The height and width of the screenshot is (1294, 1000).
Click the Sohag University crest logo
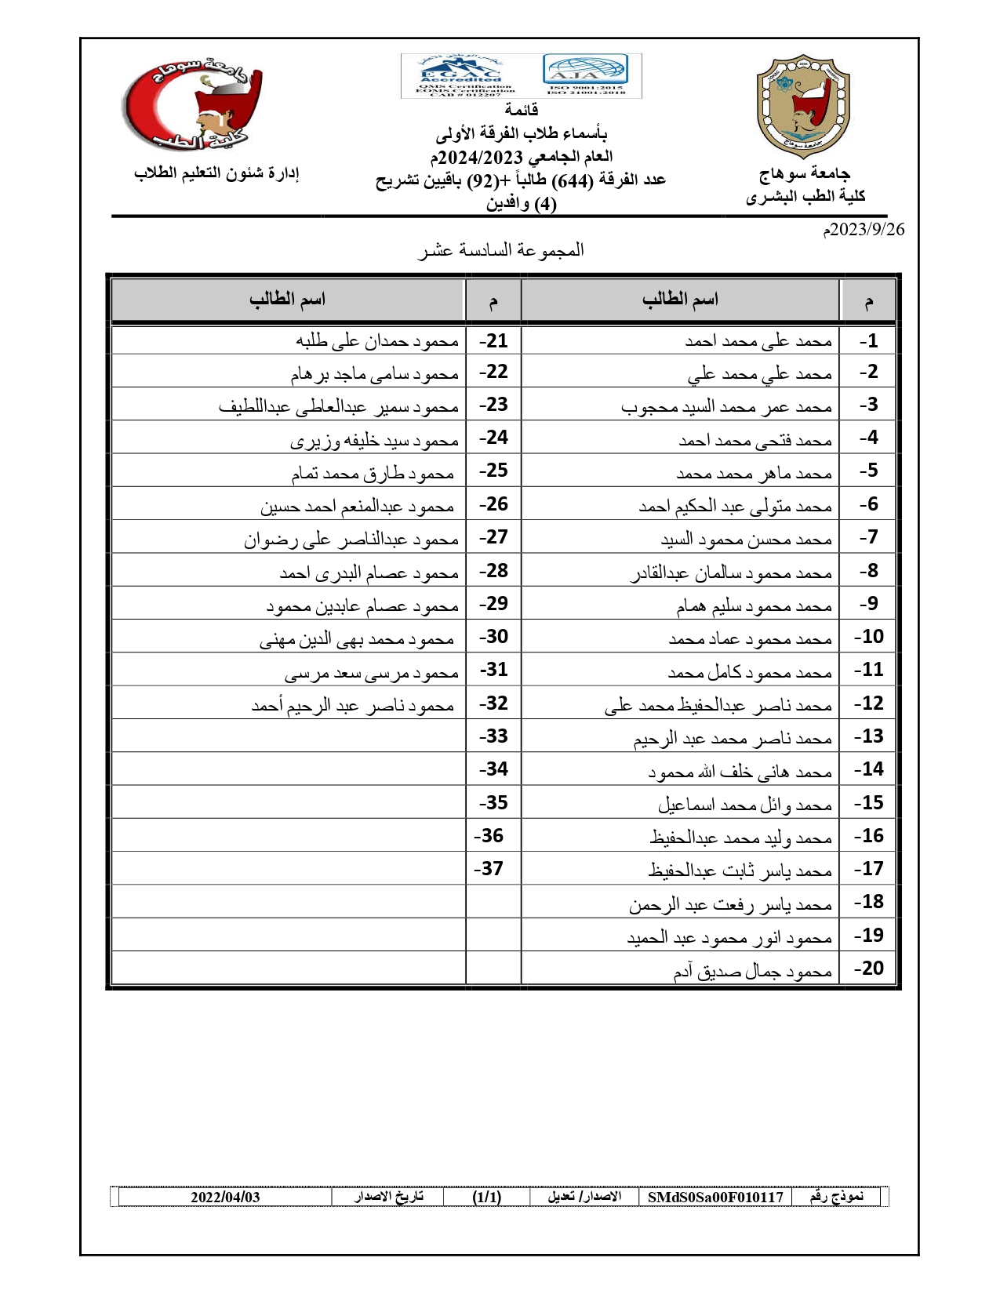[x=803, y=106]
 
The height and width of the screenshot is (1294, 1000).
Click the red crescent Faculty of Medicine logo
[x=193, y=106]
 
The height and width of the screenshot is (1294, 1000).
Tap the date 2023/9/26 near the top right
[x=863, y=230]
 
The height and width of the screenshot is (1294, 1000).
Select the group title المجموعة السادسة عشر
[x=500, y=250]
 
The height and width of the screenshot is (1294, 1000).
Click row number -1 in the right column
[x=868, y=341]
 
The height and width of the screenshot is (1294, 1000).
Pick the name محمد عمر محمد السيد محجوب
[x=726, y=407]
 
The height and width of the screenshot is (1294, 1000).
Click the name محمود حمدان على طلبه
[x=376, y=341]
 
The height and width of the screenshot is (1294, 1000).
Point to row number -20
[x=868, y=969]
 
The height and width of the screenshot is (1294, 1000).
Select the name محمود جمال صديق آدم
[x=752, y=972]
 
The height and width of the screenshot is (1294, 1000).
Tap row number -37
[x=489, y=869]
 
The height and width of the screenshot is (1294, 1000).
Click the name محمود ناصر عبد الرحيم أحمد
[x=353, y=706]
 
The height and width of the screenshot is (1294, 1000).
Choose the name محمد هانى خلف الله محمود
[x=740, y=772]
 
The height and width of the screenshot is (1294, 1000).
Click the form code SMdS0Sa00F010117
[x=715, y=1197]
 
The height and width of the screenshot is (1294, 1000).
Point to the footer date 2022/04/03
[x=225, y=1197]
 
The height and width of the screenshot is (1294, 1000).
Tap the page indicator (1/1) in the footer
[x=486, y=1197]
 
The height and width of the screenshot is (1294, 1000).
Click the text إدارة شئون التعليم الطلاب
[x=216, y=173]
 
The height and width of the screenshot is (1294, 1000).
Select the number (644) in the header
[x=573, y=180]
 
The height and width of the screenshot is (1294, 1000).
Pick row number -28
[x=493, y=571]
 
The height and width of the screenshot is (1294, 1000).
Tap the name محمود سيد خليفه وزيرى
[x=374, y=441]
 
